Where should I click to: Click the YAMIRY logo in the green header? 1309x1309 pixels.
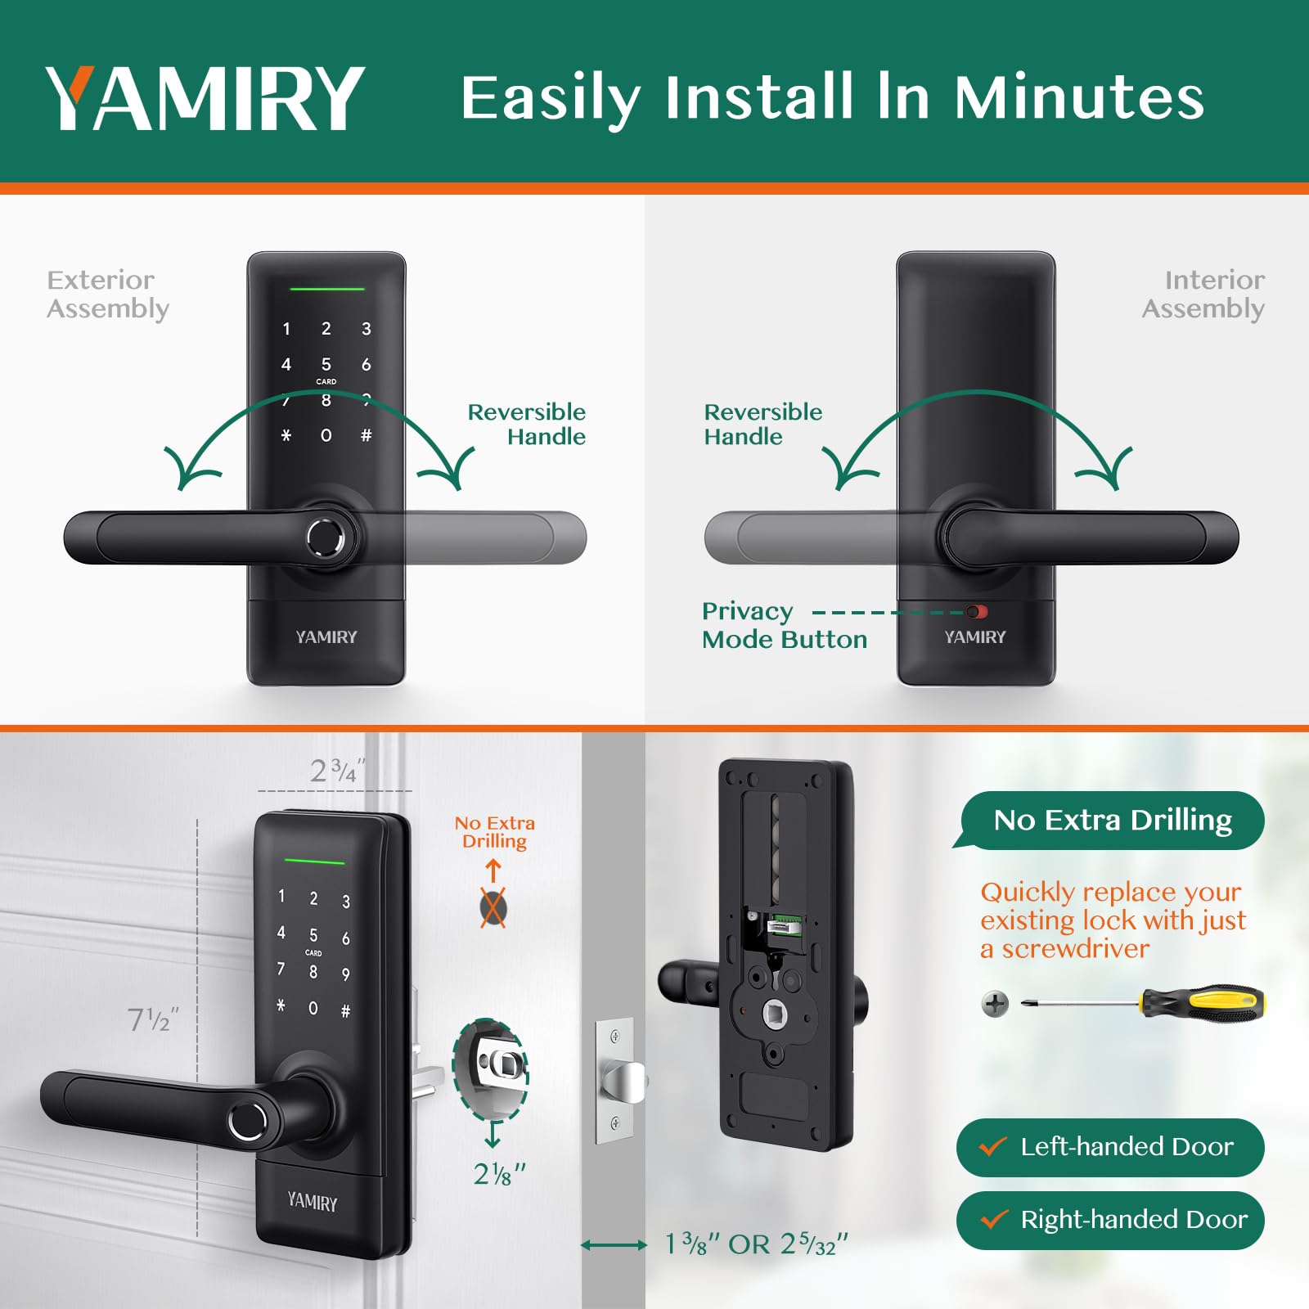(x=205, y=97)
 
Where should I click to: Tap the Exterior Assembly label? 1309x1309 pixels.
(x=107, y=294)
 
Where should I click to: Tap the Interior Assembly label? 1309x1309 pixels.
(x=1203, y=294)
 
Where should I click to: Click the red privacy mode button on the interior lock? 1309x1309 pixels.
(x=977, y=612)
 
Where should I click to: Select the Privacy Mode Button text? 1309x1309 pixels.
(x=784, y=625)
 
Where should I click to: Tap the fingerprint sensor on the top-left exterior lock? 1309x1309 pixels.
(x=326, y=538)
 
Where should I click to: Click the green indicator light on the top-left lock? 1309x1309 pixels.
(x=326, y=289)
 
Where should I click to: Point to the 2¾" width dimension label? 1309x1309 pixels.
(x=336, y=771)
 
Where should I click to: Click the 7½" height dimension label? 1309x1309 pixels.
(x=152, y=1019)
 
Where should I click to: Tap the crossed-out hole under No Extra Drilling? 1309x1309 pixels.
(x=493, y=907)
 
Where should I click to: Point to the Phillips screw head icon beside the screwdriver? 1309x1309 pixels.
(x=995, y=1003)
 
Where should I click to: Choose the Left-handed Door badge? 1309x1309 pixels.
(x=1110, y=1147)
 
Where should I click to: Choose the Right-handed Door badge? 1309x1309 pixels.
(x=1110, y=1220)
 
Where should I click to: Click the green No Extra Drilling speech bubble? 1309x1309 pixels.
(x=1112, y=820)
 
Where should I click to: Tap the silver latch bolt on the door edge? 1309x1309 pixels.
(x=625, y=1080)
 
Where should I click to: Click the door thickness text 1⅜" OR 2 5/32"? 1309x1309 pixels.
(x=755, y=1244)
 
